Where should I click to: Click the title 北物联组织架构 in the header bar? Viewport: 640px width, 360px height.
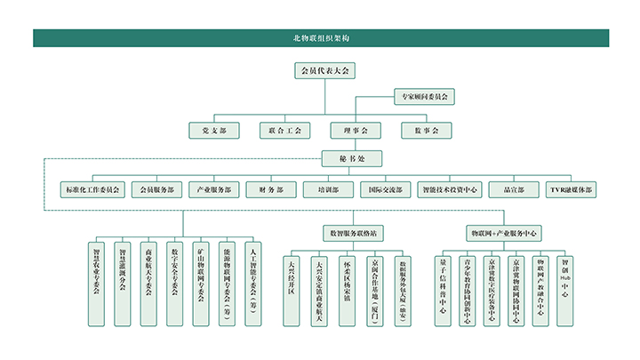coord(320,38)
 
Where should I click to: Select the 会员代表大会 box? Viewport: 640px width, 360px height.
coord(324,70)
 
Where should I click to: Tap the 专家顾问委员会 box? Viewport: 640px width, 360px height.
coord(424,95)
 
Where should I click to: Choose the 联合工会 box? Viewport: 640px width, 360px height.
coord(285,130)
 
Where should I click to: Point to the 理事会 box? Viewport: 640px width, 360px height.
coord(356,130)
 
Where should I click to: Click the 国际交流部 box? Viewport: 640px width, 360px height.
coord(386,189)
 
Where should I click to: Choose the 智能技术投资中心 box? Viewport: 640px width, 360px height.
coord(450,189)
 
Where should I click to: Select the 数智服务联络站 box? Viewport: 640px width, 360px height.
coord(353,233)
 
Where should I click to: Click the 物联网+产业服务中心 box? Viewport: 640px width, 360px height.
coord(503,233)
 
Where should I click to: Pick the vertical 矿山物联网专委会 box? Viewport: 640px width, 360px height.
coord(201,281)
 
